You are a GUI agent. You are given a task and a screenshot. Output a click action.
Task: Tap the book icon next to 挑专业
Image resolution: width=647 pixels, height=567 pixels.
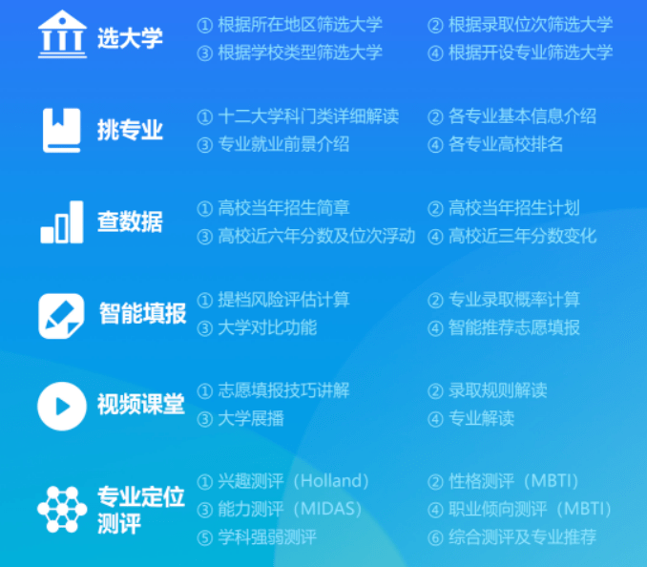click(61, 130)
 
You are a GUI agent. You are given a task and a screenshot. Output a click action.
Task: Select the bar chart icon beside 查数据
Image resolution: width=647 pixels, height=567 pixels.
click(61, 221)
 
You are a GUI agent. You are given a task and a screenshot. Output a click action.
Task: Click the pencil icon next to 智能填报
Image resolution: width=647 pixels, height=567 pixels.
click(61, 314)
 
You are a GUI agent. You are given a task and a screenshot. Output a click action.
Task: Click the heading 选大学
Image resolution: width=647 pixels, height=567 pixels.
click(130, 38)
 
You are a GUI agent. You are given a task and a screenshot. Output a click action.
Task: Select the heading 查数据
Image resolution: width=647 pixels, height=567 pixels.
click(130, 221)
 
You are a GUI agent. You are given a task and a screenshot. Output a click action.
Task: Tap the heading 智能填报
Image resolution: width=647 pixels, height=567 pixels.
click(142, 313)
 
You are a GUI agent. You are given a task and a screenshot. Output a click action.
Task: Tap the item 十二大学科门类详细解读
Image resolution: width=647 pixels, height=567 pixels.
click(307, 116)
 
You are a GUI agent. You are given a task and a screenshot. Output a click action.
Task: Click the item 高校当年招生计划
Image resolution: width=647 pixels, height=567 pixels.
click(513, 207)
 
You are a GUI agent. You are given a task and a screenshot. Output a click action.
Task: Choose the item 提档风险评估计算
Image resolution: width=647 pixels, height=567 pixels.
click(283, 299)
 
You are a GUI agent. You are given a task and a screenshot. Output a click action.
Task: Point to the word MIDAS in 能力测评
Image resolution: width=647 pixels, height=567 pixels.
click(326, 509)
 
